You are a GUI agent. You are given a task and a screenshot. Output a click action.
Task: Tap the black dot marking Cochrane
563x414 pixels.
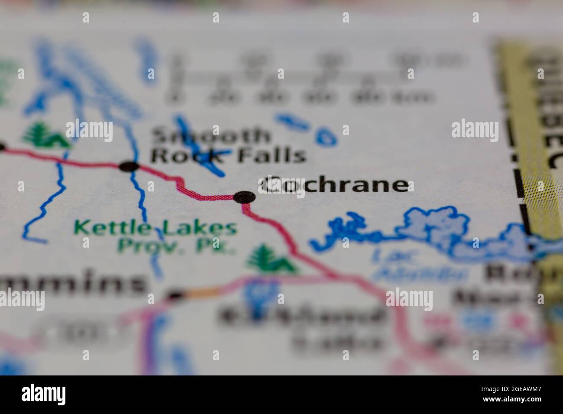point(244,197)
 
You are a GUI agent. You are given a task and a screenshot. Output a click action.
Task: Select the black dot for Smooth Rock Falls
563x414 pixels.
point(129,166)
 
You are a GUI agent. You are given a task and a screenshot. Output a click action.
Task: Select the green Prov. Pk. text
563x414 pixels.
point(176,245)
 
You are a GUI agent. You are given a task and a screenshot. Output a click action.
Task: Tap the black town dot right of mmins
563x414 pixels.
point(175,296)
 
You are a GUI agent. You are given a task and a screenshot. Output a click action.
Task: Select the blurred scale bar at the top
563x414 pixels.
point(299,78)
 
